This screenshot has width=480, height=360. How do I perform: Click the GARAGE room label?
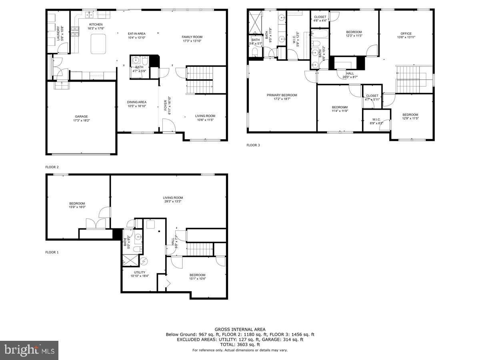click(81, 116)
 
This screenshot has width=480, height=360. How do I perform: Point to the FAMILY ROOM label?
click(192, 37)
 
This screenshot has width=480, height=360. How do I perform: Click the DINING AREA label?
click(136, 102)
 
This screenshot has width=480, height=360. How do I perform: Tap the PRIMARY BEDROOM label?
click(282, 95)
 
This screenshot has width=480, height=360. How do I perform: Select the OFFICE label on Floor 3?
click(406, 34)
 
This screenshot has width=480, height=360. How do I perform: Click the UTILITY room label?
click(140, 272)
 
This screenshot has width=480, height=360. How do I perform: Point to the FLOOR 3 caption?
click(253, 145)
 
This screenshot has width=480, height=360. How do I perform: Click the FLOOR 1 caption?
click(52, 252)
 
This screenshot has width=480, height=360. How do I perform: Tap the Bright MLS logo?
click(29, 350)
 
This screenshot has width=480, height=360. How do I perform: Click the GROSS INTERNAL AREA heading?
click(240, 329)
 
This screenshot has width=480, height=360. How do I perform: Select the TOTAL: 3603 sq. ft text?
click(240, 344)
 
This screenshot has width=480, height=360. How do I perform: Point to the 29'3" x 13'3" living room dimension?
click(173, 202)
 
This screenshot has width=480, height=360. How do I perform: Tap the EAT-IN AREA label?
click(136, 34)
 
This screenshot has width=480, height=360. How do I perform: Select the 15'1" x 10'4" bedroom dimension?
click(197, 279)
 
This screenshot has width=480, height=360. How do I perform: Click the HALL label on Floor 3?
click(350, 73)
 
